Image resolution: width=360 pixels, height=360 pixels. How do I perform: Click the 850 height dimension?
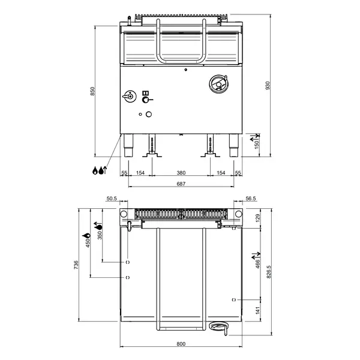click(x=92, y=91)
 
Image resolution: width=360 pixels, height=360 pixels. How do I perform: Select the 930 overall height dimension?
click(x=267, y=86)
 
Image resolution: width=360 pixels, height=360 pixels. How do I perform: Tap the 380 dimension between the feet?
click(x=181, y=173)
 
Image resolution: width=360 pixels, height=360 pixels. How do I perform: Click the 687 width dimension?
click(x=181, y=184)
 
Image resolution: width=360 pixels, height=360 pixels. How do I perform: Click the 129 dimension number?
click(x=258, y=218)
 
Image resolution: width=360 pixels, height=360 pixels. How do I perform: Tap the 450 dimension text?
click(x=87, y=242)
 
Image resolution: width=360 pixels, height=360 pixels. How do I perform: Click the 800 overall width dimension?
click(x=181, y=344)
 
